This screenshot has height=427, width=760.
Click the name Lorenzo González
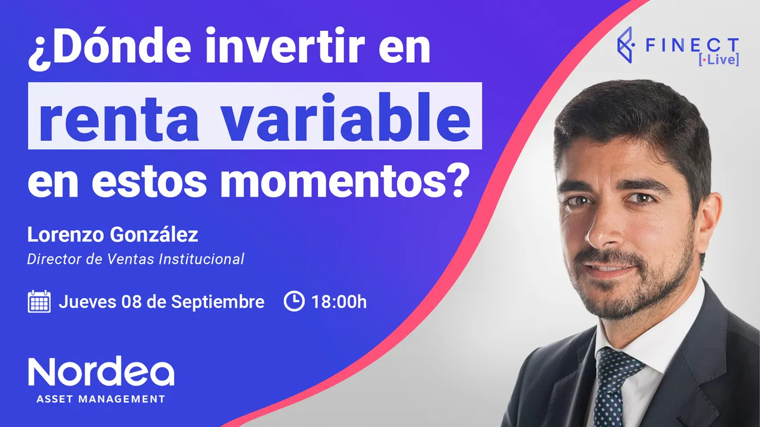point(112,235)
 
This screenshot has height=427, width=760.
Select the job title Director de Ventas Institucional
point(136,259)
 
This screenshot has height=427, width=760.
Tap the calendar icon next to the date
point(39,302)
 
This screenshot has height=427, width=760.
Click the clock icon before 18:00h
point(294,302)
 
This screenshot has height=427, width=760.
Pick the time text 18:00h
point(339,302)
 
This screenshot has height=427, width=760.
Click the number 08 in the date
point(131,302)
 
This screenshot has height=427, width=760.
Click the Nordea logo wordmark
point(101,372)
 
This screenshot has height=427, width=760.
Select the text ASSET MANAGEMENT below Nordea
point(101,399)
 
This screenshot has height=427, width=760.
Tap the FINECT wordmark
point(692,46)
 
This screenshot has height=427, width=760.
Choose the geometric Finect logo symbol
point(626,44)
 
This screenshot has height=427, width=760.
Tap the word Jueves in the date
point(87,302)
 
